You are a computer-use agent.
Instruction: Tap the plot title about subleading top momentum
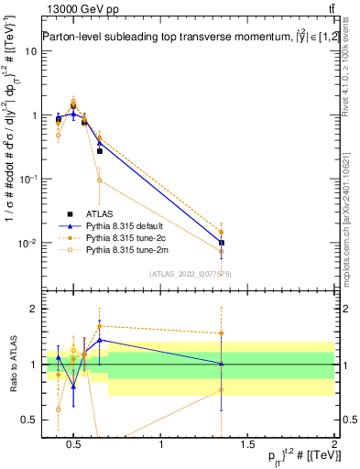click(183, 36)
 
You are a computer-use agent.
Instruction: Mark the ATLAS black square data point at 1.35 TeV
click(222, 243)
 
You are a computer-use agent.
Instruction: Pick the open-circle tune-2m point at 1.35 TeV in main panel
click(222, 251)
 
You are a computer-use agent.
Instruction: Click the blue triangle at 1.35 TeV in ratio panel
click(222, 364)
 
